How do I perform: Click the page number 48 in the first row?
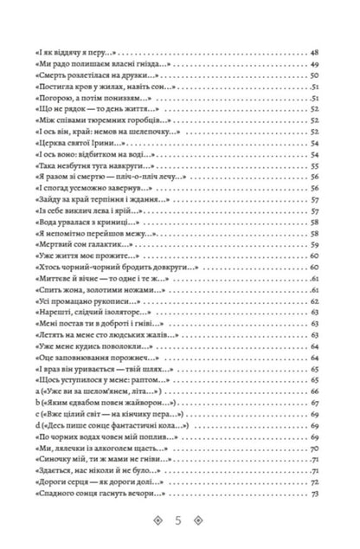(315, 54)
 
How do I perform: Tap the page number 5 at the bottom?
(179, 520)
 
